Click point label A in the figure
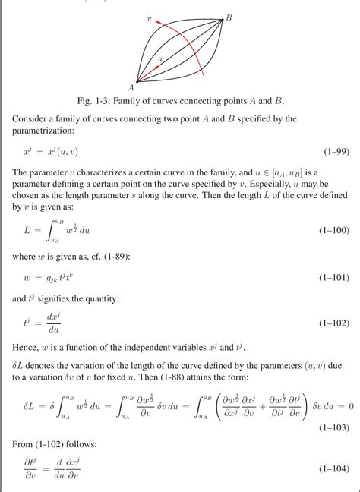coord(131,86)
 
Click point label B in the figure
coord(229,17)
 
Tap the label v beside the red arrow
coord(150,17)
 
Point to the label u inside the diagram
coord(159,57)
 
